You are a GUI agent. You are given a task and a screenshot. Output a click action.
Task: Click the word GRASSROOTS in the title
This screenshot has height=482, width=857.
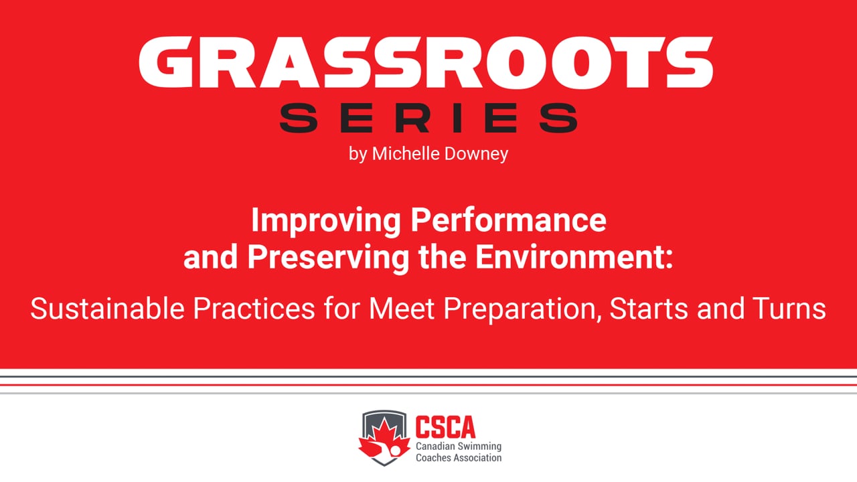[426, 63]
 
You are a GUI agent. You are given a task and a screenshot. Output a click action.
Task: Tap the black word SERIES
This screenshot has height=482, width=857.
[428, 118]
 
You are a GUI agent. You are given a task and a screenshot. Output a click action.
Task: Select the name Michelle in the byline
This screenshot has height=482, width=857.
[406, 153]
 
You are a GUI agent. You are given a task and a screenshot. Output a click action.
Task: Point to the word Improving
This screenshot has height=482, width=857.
[325, 221]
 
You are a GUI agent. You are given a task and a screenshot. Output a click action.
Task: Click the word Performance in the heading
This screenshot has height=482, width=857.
[508, 220]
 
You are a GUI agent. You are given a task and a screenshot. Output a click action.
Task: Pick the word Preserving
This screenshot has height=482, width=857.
[328, 257]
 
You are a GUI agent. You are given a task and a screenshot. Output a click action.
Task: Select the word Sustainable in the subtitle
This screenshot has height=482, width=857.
[107, 309]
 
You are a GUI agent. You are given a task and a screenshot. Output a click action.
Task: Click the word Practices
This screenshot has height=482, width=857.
[254, 309]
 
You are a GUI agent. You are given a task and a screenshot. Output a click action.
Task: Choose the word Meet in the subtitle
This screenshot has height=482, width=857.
[401, 309]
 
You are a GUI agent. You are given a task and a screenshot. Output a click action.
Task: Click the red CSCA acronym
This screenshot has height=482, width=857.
[446, 426]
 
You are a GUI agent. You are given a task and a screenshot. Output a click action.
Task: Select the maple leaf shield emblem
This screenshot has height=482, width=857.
[384, 438]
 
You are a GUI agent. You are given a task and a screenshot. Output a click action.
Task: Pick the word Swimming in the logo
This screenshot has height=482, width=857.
[480, 447]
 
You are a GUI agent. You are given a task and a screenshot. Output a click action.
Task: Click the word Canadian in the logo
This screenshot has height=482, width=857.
[435, 447]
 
